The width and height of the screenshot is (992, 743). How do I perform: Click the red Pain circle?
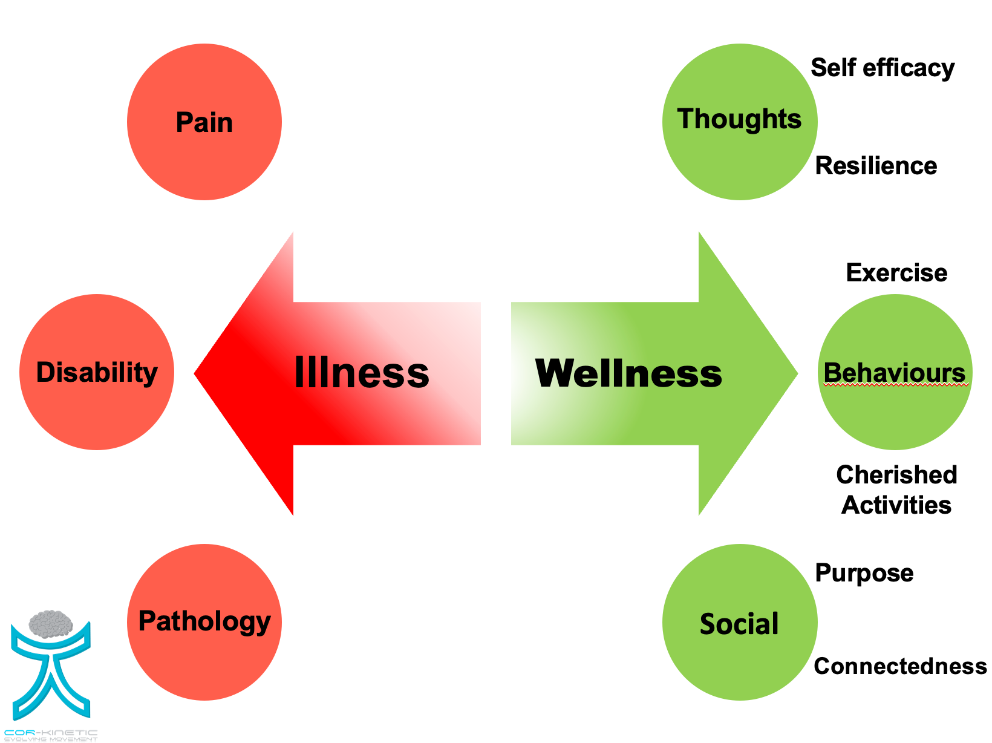204,122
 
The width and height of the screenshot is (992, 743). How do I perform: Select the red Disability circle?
97,372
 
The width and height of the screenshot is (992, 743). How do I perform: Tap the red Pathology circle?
204,622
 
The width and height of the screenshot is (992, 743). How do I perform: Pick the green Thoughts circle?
740,122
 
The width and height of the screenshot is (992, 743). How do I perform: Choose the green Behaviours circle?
895,372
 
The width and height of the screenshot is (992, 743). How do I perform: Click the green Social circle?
740,622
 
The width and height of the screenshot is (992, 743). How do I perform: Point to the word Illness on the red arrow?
362,372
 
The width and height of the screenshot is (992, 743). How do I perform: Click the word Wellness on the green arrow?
628,373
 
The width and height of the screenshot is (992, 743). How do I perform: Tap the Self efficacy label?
883,68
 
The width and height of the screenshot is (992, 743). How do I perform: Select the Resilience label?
876,166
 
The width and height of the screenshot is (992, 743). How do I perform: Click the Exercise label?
896,273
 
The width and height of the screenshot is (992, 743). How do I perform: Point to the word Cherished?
896,475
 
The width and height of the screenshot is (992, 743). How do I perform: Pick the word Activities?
896,505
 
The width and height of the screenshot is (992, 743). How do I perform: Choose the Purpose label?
864,573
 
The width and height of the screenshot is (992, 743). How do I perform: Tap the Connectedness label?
900,666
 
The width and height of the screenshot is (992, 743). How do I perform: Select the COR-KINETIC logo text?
51,733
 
